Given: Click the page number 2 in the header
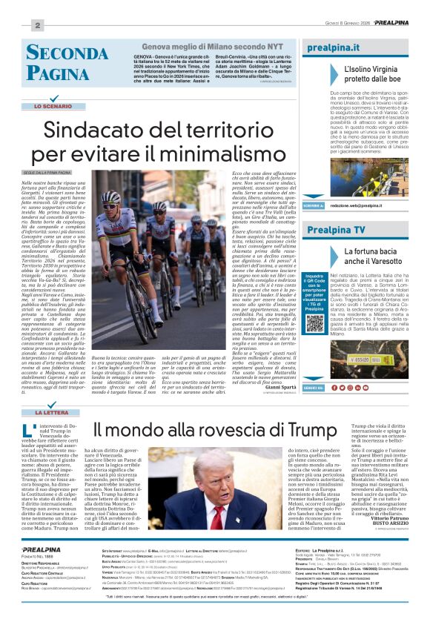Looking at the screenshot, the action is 37,25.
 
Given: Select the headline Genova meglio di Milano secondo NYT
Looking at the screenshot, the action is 202,47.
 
